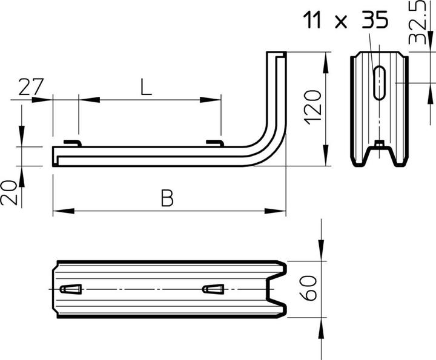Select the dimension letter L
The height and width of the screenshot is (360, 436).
(145, 88)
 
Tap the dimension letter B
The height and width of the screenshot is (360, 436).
(168, 198)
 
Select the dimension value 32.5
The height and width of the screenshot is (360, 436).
(417, 27)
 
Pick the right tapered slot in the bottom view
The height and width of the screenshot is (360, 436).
(213, 289)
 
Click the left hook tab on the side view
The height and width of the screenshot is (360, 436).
(73, 142)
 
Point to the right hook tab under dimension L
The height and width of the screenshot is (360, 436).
(215, 142)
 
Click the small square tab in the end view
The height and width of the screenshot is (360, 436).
(379, 143)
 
